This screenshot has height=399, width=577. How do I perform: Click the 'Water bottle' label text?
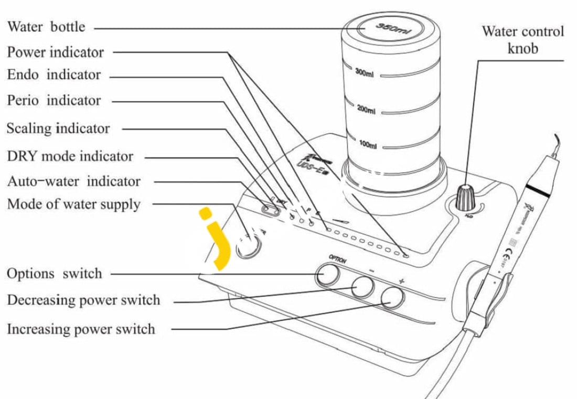click(46, 27)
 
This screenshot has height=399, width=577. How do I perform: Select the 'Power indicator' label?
click(56, 52)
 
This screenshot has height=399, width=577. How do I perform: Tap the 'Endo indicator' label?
click(54, 75)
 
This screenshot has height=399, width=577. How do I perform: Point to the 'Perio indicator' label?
click(54, 100)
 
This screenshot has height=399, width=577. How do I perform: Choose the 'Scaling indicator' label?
click(58, 128)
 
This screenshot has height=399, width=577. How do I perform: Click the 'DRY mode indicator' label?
click(70, 156)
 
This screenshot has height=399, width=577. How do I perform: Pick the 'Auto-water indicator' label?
click(74, 181)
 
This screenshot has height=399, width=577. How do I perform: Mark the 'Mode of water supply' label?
click(74, 204)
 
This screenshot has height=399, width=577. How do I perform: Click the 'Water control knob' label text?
click(522, 40)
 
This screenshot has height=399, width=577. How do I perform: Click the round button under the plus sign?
click(392, 297)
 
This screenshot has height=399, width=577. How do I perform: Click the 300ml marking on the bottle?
click(364, 74)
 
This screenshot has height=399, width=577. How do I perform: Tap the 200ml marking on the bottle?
click(366, 110)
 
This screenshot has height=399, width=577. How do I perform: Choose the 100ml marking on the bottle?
click(368, 145)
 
